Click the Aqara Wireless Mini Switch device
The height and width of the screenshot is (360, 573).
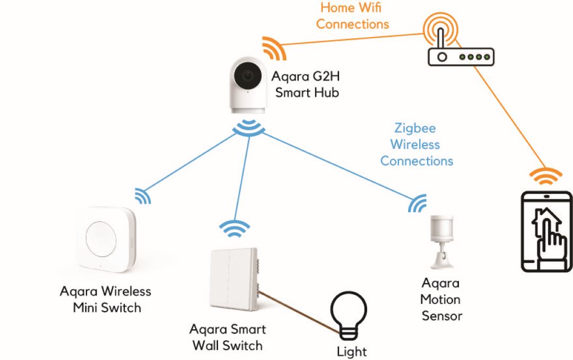point(106,242)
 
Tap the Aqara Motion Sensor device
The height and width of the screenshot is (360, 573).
point(439,241)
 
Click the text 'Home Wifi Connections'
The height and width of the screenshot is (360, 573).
point(352,16)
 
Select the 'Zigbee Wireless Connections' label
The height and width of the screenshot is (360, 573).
point(416,144)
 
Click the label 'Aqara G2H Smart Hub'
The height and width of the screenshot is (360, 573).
point(305,85)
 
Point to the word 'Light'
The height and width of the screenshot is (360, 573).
point(352,352)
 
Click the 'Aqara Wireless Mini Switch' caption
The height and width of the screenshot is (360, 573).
point(106,299)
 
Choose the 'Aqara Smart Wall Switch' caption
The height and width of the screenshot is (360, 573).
point(228,338)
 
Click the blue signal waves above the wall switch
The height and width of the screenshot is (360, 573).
point(234,229)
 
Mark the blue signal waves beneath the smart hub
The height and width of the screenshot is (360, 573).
point(248,127)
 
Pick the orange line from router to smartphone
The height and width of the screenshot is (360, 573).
point(509,117)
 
